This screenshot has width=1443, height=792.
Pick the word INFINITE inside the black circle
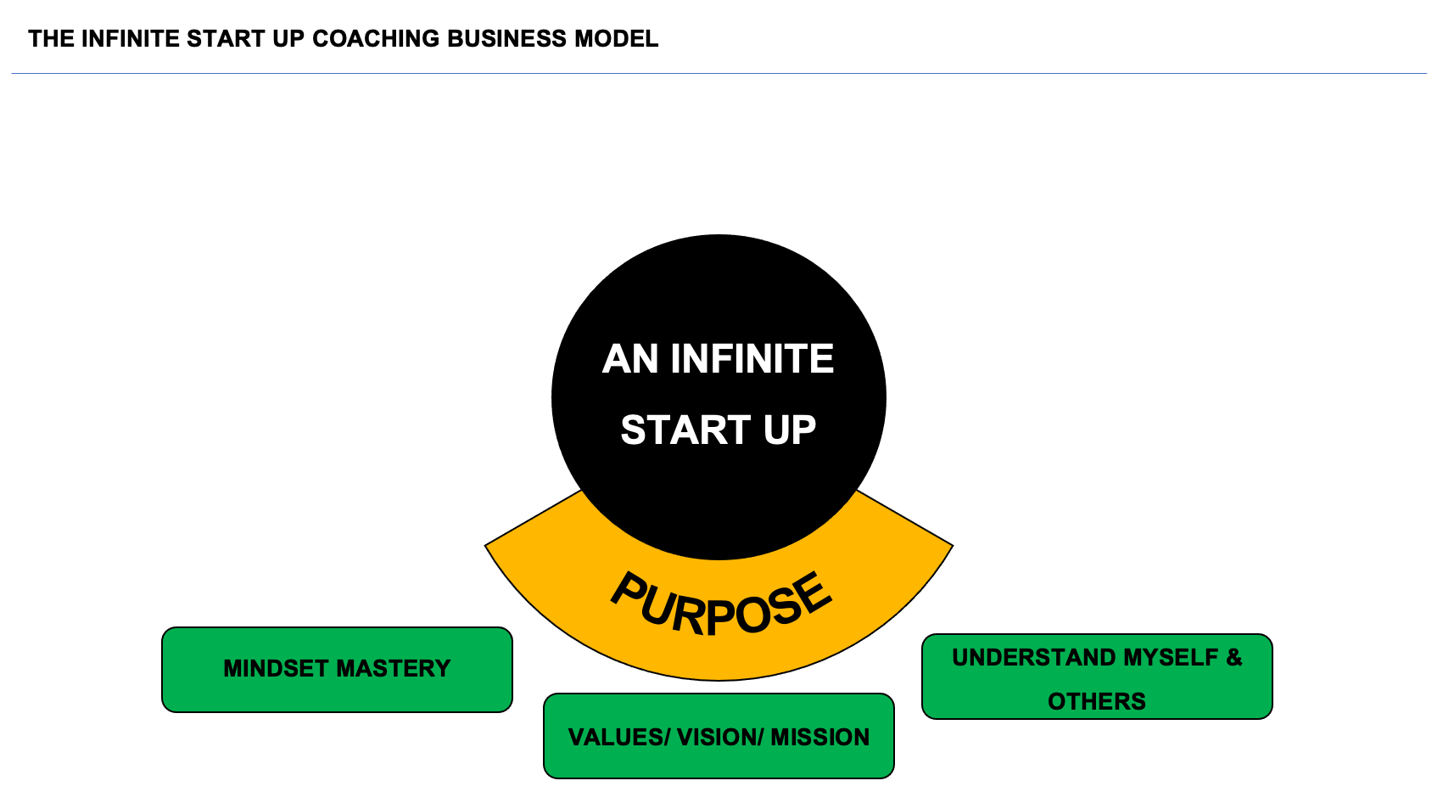point(752,359)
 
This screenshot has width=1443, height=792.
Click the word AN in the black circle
point(630,359)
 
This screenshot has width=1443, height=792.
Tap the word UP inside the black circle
point(790,430)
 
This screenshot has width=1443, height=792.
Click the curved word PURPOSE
point(721,604)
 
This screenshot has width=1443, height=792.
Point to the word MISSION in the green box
point(820,737)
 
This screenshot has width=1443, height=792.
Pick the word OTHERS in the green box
point(1097,701)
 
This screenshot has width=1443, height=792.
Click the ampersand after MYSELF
point(1234,657)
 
